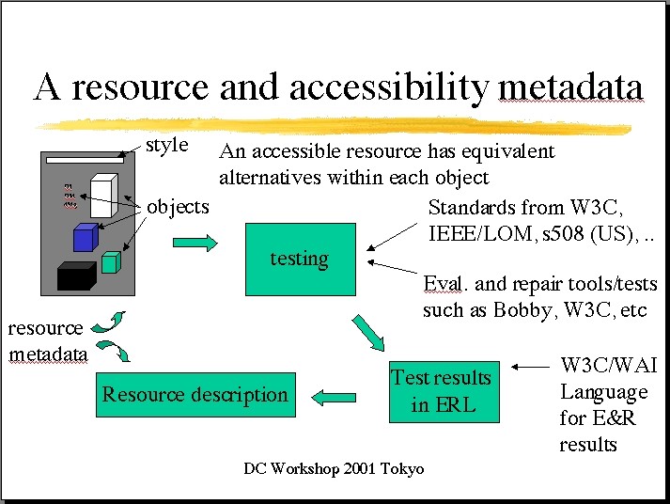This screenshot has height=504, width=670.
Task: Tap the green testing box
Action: [300, 259]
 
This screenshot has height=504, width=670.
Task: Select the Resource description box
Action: [195, 394]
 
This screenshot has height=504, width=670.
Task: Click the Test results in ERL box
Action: [442, 391]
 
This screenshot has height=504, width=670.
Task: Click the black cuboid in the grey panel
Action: [76, 275]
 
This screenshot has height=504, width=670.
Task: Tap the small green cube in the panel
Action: [112, 262]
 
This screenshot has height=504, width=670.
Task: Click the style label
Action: [167, 146]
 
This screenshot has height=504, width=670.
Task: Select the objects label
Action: [178, 206]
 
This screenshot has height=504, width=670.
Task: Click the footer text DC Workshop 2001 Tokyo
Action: [334, 468]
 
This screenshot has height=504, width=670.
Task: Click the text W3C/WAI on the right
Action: [608, 365]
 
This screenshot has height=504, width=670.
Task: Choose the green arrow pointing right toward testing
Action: [195, 243]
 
